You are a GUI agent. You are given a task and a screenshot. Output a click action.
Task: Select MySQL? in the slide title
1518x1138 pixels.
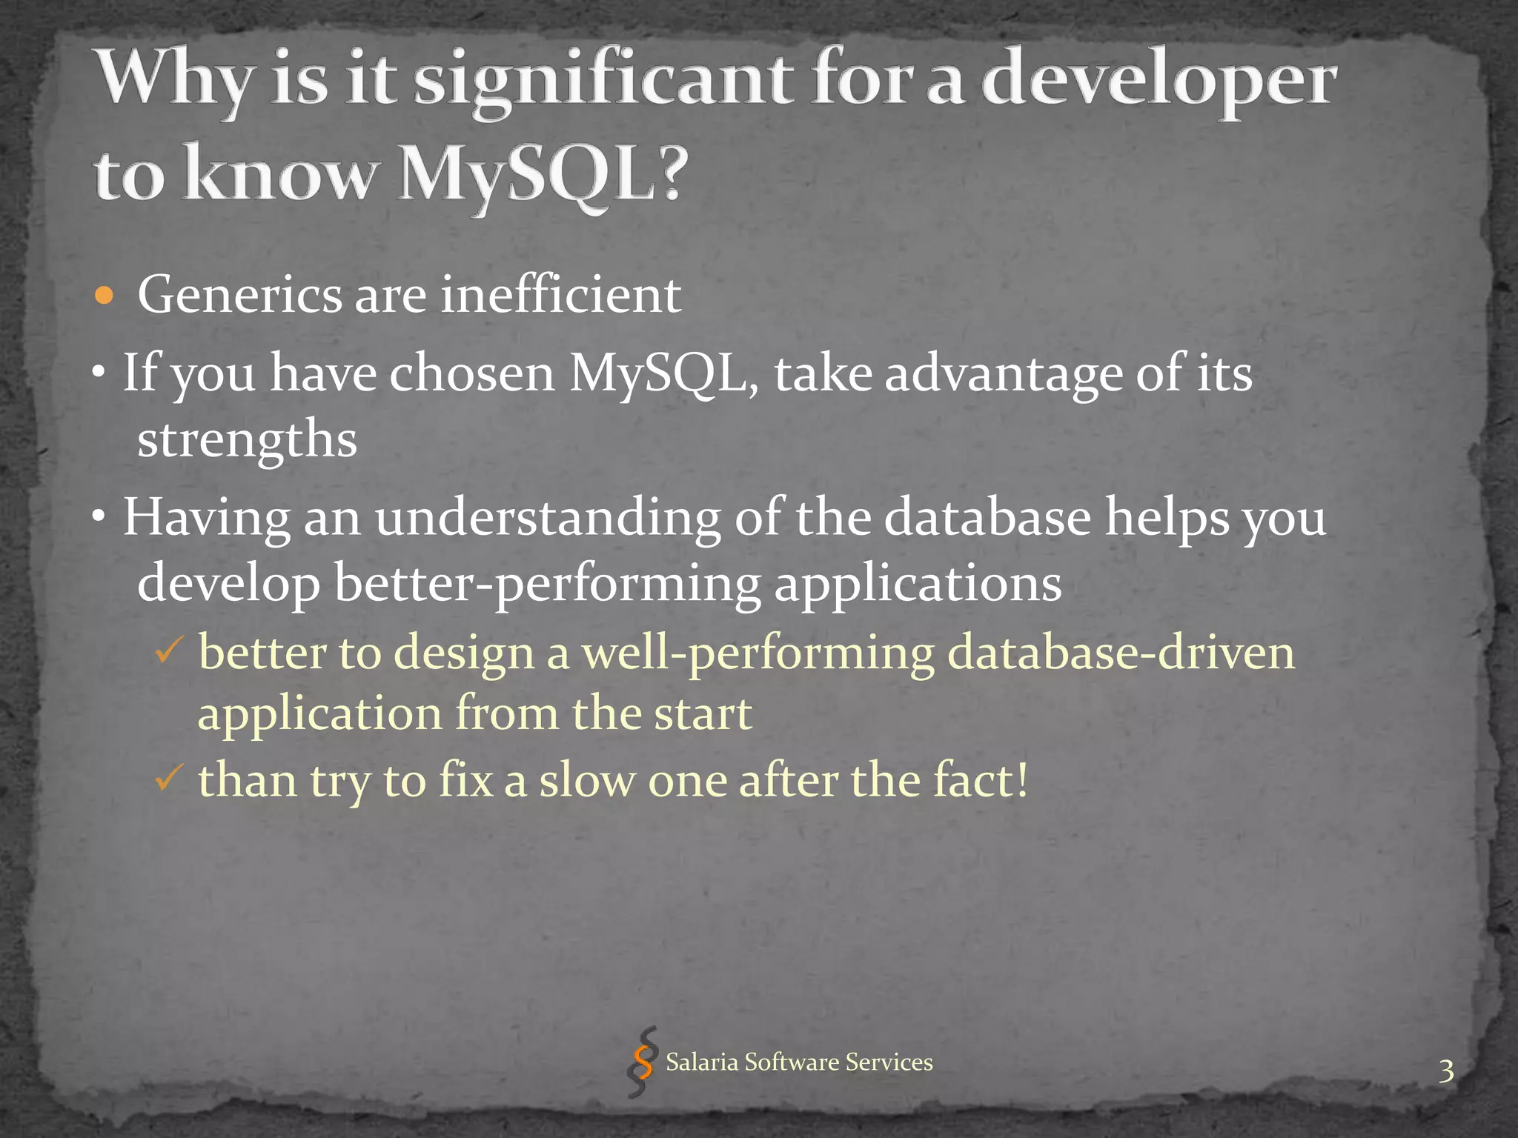(x=540, y=176)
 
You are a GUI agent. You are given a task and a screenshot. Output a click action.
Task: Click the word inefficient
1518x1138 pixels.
(x=560, y=295)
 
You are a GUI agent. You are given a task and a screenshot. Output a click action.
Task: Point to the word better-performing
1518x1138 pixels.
(x=547, y=584)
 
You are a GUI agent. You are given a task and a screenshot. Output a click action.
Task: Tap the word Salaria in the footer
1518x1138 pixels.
(x=701, y=1062)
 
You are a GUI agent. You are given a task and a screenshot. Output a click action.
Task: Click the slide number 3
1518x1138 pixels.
(x=1445, y=1071)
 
